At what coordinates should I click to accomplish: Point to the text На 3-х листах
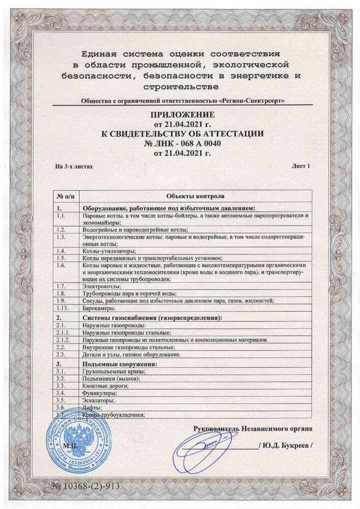74,166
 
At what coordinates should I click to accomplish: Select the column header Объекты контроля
196,195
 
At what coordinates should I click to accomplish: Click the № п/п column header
66,195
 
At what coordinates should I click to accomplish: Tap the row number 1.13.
63,307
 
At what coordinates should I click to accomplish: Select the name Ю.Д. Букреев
286,445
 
